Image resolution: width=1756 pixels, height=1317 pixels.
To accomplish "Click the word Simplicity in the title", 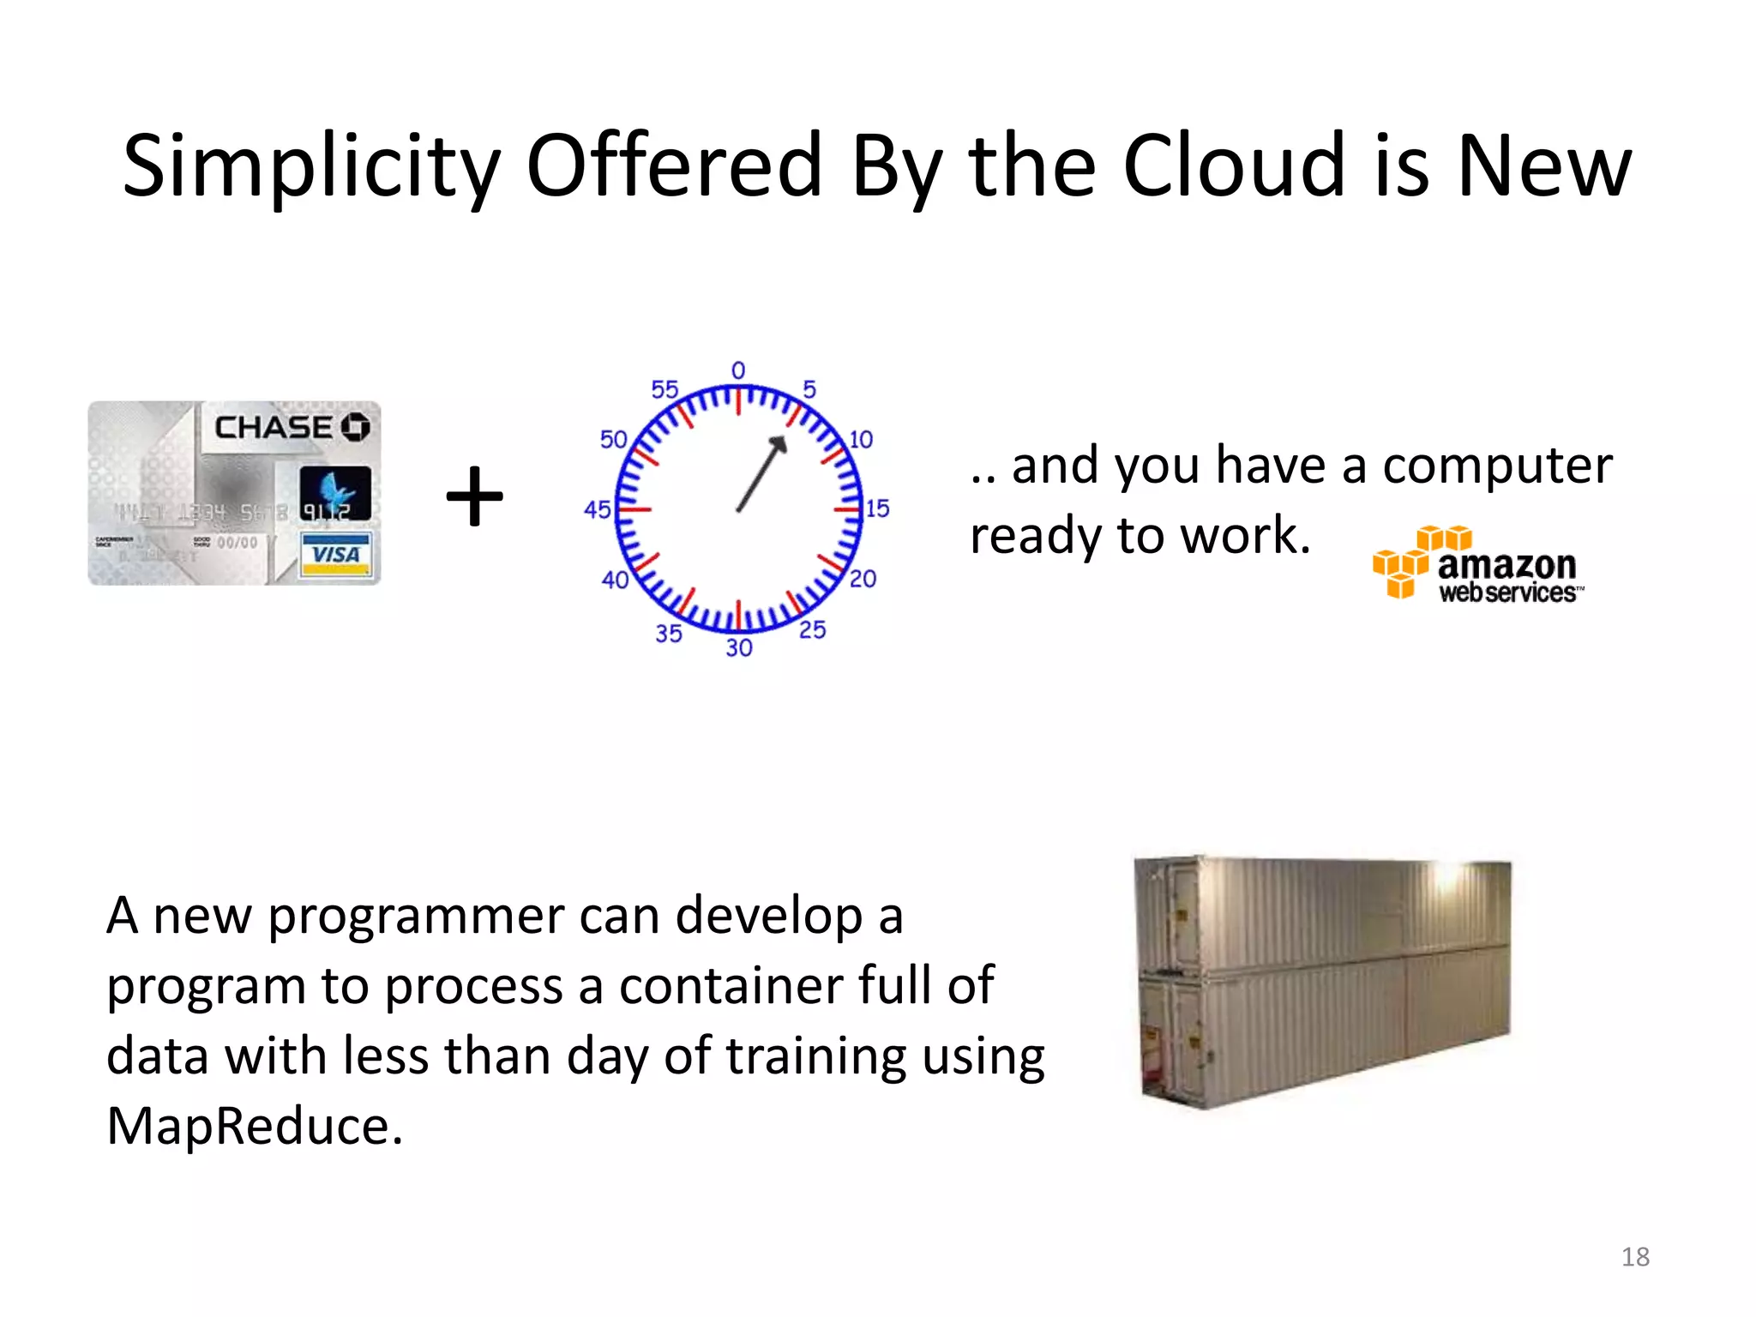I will [x=310, y=167].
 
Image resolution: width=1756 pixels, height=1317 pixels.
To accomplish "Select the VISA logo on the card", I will [x=336, y=554].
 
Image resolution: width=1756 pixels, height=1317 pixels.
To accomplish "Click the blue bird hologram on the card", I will [x=335, y=490].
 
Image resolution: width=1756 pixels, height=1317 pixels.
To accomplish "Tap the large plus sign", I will [x=474, y=496].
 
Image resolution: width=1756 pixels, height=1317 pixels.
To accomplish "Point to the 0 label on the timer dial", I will [x=738, y=370].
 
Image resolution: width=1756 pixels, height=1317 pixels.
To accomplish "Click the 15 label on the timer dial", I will [x=876, y=508].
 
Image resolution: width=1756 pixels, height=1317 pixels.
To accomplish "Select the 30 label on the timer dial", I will [x=738, y=647].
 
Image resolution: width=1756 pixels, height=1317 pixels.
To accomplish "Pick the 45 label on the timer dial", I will [x=597, y=509].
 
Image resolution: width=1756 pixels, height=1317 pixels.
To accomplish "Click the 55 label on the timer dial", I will [x=665, y=389].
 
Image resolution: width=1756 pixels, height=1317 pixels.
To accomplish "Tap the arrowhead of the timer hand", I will [x=779, y=442].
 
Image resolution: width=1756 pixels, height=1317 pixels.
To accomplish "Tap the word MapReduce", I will [x=255, y=1126].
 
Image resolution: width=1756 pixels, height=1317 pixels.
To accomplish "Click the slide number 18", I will [x=1635, y=1257].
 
